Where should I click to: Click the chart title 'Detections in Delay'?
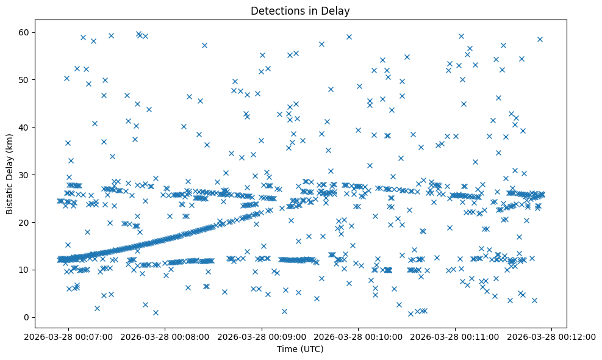tap(300, 10)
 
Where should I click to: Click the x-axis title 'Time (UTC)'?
tap(300, 350)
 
